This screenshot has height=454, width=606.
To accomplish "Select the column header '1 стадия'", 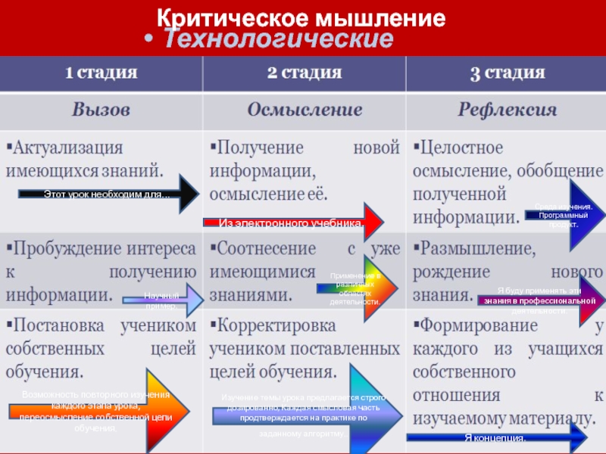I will (x=101, y=73).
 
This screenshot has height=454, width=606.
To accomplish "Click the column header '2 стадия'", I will (x=304, y=73).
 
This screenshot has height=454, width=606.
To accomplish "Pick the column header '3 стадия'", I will (x=507, y=73).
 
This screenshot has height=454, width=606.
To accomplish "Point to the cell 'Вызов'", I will (x=101, y=110).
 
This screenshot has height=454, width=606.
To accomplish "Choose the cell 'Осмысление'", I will (x=305, y=110).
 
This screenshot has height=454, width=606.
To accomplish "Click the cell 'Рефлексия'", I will (x=507, y=110).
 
